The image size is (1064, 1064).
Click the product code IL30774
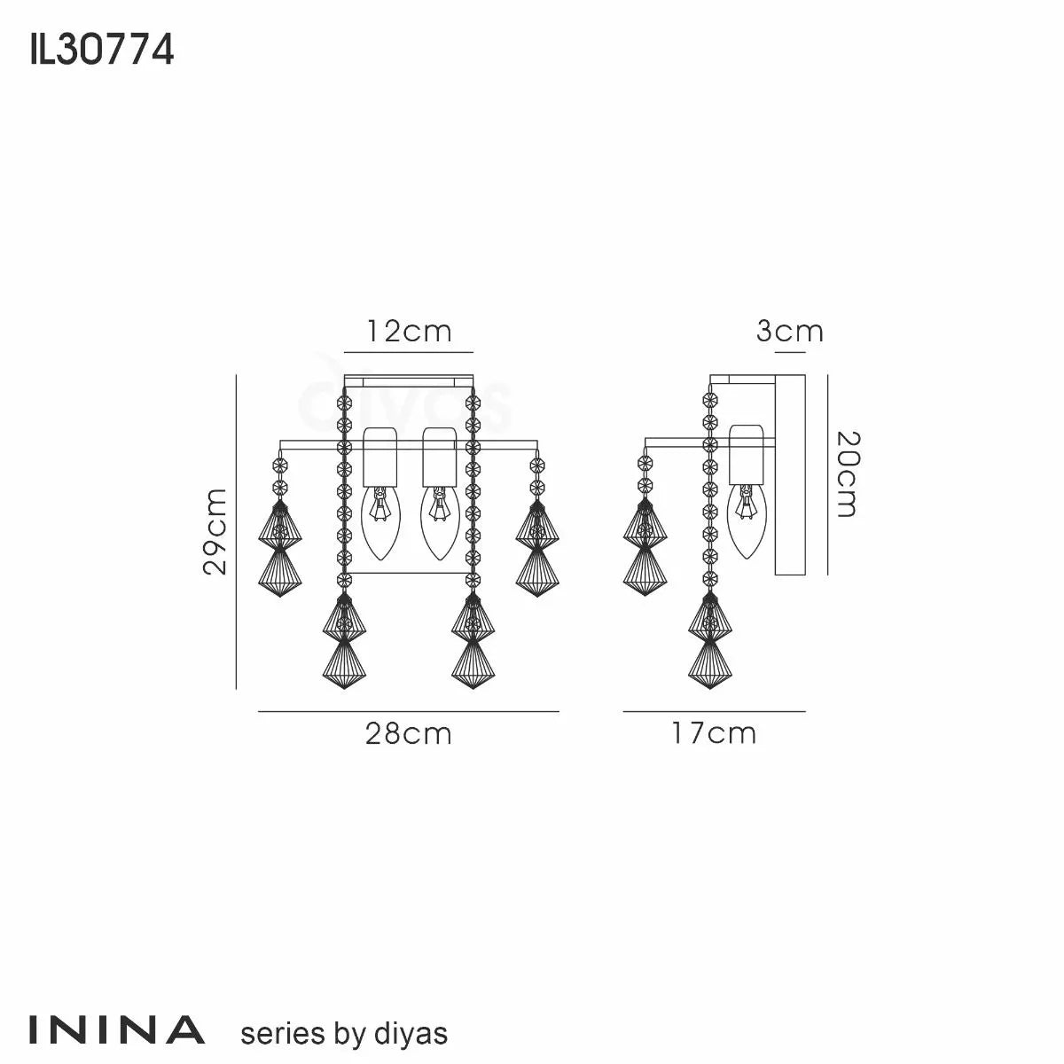pos(101,51)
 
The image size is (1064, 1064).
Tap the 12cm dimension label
pos(409,332)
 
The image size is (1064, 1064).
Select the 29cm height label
pos(215,531)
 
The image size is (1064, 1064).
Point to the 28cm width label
pos(409,733)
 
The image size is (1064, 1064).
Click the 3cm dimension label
pos(789,332)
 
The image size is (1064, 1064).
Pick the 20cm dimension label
pos(848,474)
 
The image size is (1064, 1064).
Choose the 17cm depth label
pos(714,733)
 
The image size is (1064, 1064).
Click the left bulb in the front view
pos(381,523)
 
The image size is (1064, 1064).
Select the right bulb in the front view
pos(438,523)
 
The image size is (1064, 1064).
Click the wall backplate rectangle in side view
pos(788,474)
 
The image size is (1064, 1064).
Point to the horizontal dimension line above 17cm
pos(714,711)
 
